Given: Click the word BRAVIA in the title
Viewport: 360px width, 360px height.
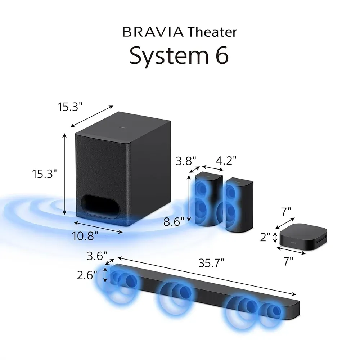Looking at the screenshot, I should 153,32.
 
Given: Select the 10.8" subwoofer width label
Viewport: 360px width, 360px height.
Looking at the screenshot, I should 85,236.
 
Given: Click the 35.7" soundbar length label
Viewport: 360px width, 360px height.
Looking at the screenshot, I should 211,263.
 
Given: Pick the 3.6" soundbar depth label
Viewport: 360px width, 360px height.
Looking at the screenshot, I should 97,256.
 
